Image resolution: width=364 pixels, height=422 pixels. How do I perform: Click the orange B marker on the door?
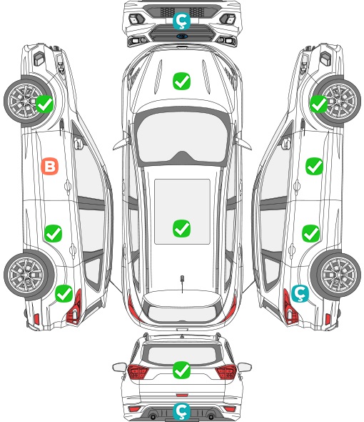tap(49, 166)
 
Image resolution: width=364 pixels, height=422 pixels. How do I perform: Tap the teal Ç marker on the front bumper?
tap(181, 21)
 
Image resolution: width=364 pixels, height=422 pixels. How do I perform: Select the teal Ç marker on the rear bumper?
tap(181, 411)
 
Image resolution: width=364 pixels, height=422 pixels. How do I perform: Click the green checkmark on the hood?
tap(181, 81)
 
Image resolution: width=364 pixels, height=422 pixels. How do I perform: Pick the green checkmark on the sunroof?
tap(181, 228)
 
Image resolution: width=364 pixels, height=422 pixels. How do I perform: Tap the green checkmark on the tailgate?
tap(181, 370)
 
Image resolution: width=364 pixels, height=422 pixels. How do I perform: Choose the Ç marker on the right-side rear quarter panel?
tap(300, 294)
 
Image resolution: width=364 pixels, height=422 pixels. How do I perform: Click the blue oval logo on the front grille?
tap(182, 36)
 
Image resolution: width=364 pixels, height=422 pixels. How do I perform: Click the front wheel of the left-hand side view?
tap(27, 102)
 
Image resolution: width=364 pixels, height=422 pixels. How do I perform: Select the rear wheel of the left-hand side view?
tap(27, 275)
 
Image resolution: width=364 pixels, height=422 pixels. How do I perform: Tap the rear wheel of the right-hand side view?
tap(337, 275)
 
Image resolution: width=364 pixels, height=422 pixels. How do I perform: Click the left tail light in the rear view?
tap(138, 372)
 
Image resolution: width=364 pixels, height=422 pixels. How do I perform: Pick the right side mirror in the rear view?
tap(245, 367)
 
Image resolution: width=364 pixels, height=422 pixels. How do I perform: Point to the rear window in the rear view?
tap(182, 355)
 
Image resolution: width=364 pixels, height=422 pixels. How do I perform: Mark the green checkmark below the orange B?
tap(53, 233)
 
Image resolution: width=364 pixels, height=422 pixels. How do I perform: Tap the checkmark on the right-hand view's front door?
tap(314, 166)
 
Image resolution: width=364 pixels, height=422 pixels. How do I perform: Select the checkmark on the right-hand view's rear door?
tap(310, 233)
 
